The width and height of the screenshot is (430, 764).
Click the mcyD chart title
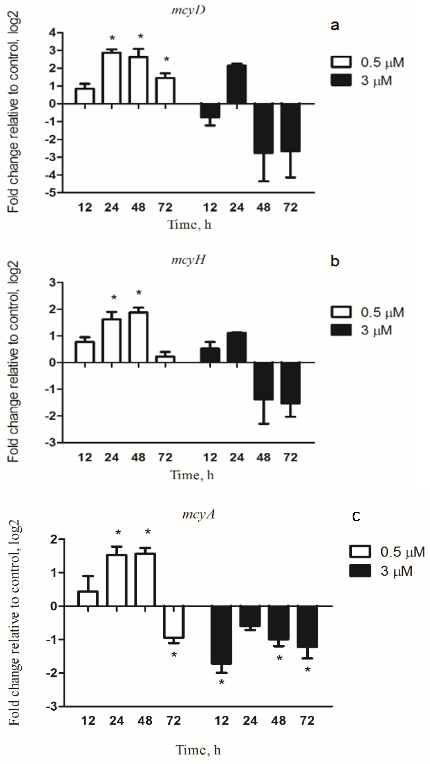click(189, 10)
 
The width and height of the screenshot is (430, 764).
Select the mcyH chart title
click(189, 260)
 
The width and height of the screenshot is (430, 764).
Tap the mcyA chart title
click(198, 514)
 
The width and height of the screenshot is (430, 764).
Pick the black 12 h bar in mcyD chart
click(210, 111)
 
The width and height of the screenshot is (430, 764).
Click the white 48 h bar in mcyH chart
click(139, 337)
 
